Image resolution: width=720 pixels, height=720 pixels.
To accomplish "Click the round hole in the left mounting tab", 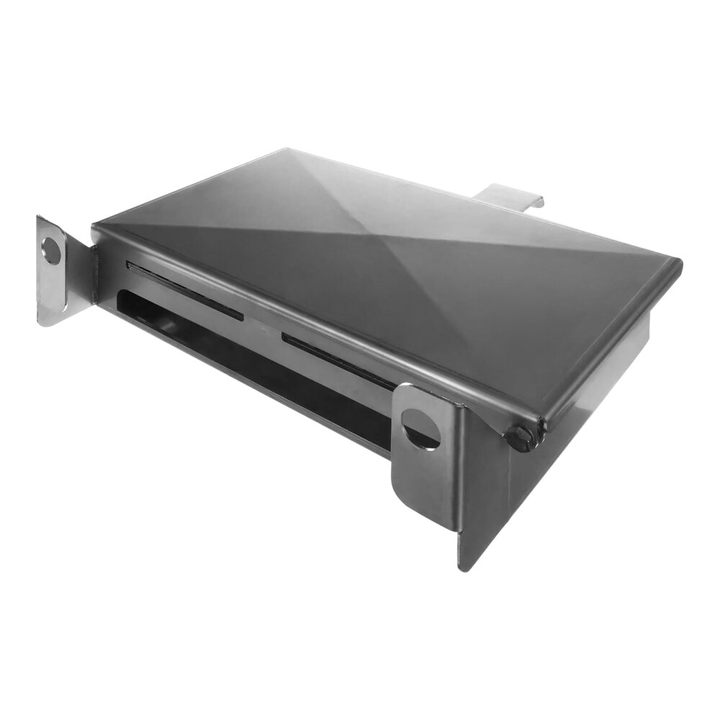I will pos(51,250).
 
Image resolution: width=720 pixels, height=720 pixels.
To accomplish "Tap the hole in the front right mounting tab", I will pos(421,428).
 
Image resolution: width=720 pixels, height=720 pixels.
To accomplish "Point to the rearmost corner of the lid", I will pos(287,150).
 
